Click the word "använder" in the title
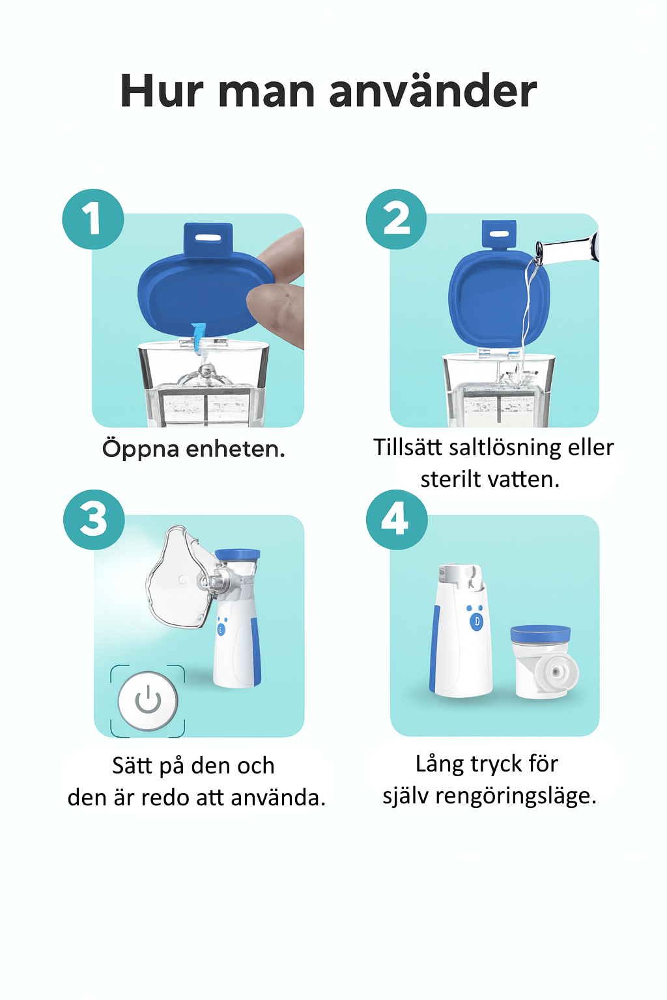tap(433, 92)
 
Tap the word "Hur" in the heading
tap(162, 92)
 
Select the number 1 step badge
tap(93, 219)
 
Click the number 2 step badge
tap(396, 219)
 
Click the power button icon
tap(148, 701)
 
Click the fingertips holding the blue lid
tap(276, 286)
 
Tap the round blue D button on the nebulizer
tap(477, 622)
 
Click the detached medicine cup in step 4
tap(544, 661)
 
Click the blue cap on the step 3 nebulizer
tap(237, 555)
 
